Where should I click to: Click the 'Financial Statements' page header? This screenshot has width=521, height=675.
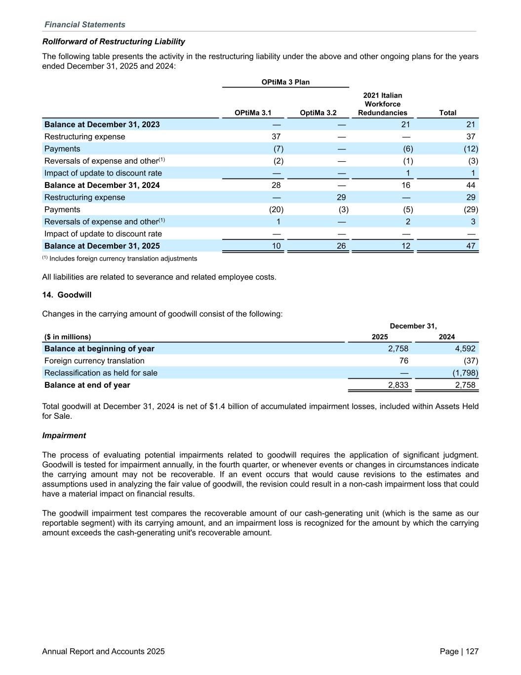click(x=85, y=25)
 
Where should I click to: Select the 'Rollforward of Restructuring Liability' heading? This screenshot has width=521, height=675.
click(x=114, y=42)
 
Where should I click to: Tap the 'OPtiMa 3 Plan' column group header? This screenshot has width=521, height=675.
click(x=285, y=82)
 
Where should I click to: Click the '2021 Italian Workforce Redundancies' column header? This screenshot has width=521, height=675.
click(x=383, y=104)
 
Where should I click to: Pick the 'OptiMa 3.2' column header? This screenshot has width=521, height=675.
click(x=318, y=113)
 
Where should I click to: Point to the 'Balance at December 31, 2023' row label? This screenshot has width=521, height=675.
click(x=102, y=125)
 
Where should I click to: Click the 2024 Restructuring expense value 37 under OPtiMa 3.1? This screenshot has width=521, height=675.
click(x=276, y=136)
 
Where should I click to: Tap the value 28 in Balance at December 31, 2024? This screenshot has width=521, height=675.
click(x=276, y=185)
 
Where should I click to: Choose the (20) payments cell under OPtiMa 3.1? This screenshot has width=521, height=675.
click(x=276, y=209)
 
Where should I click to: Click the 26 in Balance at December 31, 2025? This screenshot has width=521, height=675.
click(x=341, y=246)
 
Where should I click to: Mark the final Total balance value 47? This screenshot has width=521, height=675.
click(x=471, y=246)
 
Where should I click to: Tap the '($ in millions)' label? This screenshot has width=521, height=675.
click(x=68, y=337)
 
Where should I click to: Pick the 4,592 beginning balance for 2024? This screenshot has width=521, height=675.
click(x=465, y=349)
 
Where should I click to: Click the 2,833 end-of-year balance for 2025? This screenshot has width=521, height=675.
click(x=398, y=385)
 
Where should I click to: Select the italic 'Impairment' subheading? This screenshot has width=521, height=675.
click(x=64, y=436)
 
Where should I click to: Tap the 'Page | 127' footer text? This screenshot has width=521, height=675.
click(x=459, y=651)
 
